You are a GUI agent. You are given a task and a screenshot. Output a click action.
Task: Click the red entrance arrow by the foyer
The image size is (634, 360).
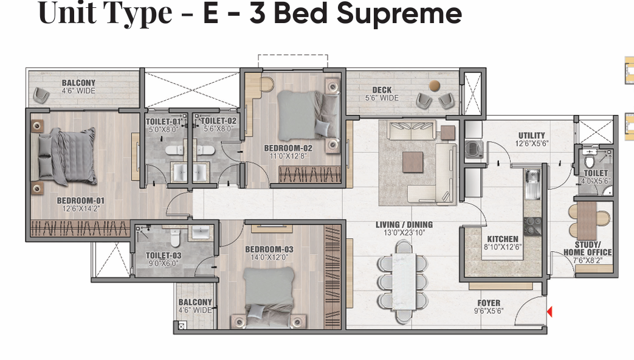coord(550,312)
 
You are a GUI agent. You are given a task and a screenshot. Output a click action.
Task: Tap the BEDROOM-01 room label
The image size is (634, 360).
coord(81,200)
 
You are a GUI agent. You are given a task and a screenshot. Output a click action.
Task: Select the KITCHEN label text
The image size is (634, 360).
coord(503,239)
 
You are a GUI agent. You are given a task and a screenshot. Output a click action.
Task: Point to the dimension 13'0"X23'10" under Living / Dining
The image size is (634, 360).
coord(404,232)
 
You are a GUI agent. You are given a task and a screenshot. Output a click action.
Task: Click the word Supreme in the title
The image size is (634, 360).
coord(399,14)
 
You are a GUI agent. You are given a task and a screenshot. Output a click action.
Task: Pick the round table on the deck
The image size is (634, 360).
coord(435,85)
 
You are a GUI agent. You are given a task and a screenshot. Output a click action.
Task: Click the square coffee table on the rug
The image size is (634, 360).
coord(413,162)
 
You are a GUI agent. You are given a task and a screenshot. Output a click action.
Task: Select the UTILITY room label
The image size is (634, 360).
coord(532,136)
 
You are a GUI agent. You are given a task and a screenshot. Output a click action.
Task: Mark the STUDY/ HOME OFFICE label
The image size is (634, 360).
coord(588,248)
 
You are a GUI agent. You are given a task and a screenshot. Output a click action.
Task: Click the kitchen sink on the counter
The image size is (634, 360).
coord(532,184)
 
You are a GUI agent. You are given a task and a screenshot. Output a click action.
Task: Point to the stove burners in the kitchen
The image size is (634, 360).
coord(532,226)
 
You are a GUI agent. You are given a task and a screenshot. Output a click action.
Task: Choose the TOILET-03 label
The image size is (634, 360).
coord(164,255)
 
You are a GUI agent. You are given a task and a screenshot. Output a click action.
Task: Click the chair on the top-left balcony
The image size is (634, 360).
coord(42,95)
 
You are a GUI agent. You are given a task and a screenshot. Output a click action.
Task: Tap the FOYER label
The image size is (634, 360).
coord(489,303)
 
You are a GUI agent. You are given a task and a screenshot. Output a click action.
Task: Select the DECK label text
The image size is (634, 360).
coord(382,90)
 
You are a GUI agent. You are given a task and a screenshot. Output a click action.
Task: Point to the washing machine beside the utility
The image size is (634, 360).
coord(473,149)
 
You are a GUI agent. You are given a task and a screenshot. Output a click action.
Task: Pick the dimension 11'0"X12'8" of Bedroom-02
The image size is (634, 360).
coord(288,156)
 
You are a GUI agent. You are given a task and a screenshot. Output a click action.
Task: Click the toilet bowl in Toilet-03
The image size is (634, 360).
coord(175,238)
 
